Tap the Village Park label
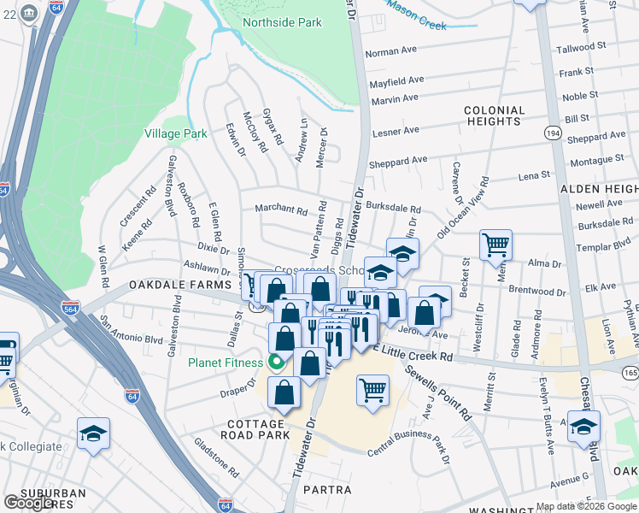click(176, 134)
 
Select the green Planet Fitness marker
click(276, 362)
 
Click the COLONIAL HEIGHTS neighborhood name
click(494, 116)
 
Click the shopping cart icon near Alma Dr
click(495, 245)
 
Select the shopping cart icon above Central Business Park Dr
click(372, 390)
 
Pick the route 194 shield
click(553, 133)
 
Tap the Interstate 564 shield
click(71, 307)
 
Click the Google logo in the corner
click(28, 503)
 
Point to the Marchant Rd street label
click(280, 209)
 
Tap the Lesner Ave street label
click(394, 131)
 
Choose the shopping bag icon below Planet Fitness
click(284, 392)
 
